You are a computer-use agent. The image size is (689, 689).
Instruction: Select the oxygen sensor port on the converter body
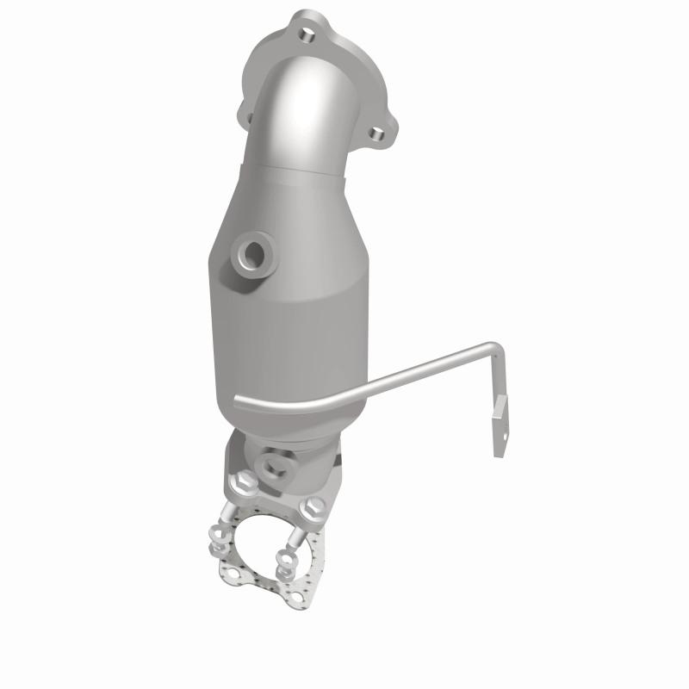pyautogui.click(x=253, y=254)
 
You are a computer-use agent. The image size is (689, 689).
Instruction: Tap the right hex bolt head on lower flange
pyautogui.click(x=315, y=504)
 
